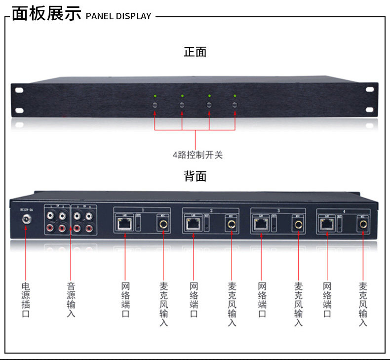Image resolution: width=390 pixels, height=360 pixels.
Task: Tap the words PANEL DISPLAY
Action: tap(118, 16)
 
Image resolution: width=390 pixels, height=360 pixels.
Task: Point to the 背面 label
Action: tap(195, 176)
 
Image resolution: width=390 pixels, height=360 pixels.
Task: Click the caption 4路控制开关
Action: tap(197, 155)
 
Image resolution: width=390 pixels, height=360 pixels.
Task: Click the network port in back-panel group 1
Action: tap(124, 225)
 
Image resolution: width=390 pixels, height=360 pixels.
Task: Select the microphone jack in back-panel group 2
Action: tap(231, 225)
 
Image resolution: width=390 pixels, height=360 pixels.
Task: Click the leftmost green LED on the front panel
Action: tap(156, 95)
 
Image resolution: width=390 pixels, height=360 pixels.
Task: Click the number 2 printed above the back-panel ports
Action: tap(211, 211)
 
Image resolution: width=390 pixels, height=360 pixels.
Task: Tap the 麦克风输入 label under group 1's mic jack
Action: tap(163, 304)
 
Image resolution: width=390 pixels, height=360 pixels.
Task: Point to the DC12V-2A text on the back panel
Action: tap(26, 209)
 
